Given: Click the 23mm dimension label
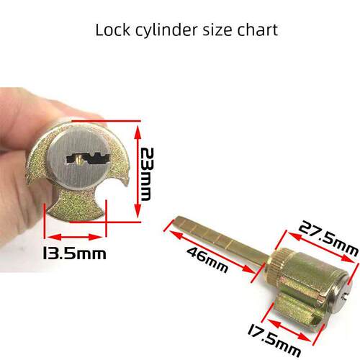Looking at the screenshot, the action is (146, 174).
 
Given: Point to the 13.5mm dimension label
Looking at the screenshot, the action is (74, 253).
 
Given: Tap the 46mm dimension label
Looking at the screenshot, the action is (207, 260).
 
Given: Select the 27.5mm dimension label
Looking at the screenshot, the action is (328, 238).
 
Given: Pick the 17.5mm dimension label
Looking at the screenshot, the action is (274, 340).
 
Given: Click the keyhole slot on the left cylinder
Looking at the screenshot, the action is (88, 159).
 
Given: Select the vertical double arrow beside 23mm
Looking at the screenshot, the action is (138, 172).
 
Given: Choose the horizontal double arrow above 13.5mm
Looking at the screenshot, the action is (75, 238).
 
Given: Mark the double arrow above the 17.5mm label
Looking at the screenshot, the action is (289, 330).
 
